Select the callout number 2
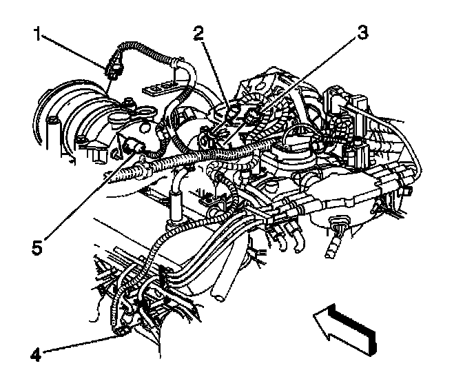[198, 33]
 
